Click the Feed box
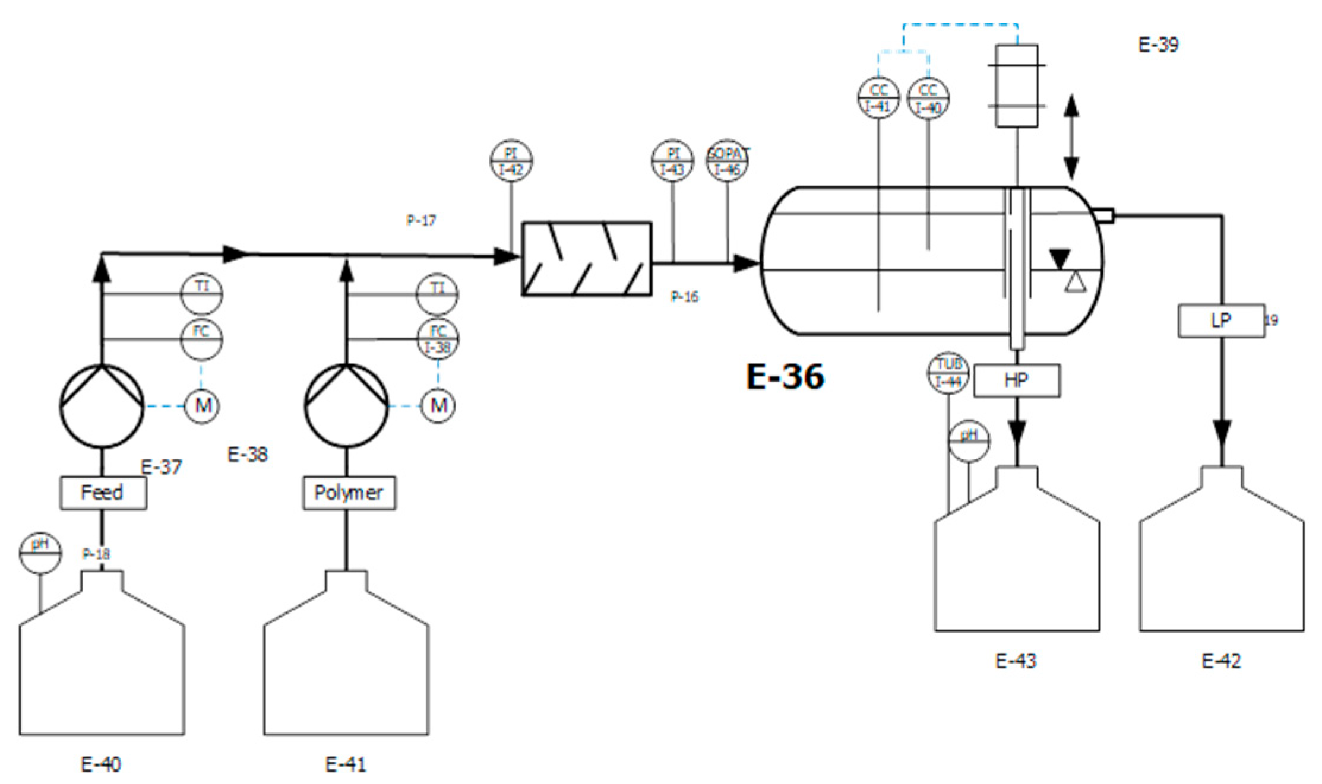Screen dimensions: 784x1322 pyautogui.click(x=103, y=493)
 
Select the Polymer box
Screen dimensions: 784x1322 pyautogui.click(x=349, y=493)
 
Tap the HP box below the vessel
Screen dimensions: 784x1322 pyautogui.click(x=1016, y=380)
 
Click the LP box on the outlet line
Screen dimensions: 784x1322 pyautogui.click(x=1221, y=321)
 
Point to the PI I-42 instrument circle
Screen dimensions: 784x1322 pyautogui.click(x=511, y=161)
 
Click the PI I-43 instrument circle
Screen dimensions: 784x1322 pyautogui.click(x=672, y=161)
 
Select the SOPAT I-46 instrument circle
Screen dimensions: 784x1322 pyautogui.click(x=728, y=161)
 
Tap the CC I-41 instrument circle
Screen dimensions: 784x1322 pyautogui.click(x=878, y=97)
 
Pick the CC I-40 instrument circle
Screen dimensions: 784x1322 pyautogui.click(x=928, y=97)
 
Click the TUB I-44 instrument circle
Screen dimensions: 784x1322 pyautogui.click(x=948, y=373)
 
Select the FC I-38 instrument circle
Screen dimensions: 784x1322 pyautogui.click(x=438, y=339)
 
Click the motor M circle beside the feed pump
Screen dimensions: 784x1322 pyautogui.click(x=203, y=406)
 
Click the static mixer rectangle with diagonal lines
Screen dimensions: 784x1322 pyautogui.click(x=586, y=258)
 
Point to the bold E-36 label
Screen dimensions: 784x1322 pyautogui.click(x=785, y=376)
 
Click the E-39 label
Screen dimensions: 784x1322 pyautogui.click(x=1159, y=45)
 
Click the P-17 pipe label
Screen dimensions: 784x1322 pyautogui.click(x=421, y=221)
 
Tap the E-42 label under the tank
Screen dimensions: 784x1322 pyautogui.click(x=1221, y=661)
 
